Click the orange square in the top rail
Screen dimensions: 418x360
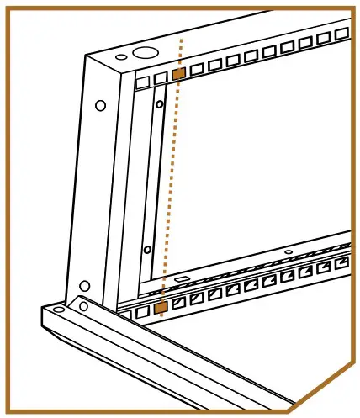pyautogui.click(x=177, y=74)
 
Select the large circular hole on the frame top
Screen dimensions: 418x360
pyautogui.click(x=143, y=52)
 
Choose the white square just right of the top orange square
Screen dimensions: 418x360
pyautogui.click(x=197, y=71)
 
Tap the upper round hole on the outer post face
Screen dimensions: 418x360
pyautogui.click(x=100, y=106)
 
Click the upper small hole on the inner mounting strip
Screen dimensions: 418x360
pyautogui.click(x=159, y=106)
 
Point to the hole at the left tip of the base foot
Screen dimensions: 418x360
pyautogui.click(x=56, y=311)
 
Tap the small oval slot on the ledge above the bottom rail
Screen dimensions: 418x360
pyautogui.click(x=183, y=278)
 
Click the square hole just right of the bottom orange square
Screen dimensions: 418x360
pyautogui.click(x=178, y=304)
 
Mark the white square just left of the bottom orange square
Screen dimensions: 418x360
pyautogui.click(x=144, y=311)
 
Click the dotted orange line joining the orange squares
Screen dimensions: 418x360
pyautogui.click(x=170, y=193)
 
